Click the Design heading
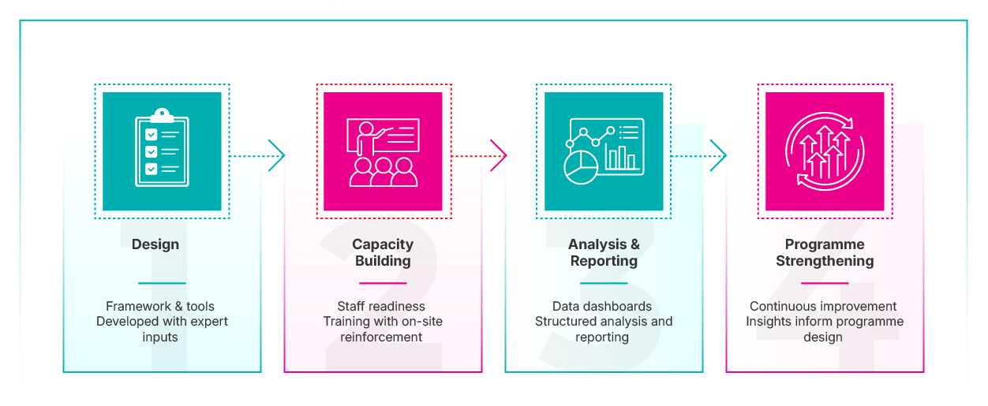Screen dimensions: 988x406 coord(155,244)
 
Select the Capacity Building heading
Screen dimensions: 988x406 coord(383,252)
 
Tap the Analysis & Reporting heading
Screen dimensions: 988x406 coord(604,252)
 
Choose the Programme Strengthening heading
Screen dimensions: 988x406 coord(825,252)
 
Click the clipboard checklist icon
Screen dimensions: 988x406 coord(162,147)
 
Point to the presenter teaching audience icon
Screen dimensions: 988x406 coord(383,152)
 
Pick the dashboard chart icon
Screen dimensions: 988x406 coord(604,151)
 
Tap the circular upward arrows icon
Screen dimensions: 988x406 coord(825,151)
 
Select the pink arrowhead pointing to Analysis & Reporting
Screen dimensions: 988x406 coord(499,155)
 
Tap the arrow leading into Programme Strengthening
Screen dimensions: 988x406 coord(698,155)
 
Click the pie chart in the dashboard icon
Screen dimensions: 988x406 coord(581,167)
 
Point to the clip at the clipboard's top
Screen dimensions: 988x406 coord(162,115)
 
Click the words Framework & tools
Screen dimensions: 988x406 coord(160,306)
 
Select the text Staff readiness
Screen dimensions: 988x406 coord(381,306)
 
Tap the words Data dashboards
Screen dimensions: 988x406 coord(602,306)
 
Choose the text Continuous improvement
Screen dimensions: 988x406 coord(823,306)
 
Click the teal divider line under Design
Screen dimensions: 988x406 coord(162,283)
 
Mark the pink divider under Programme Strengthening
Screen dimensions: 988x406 coord(825,283)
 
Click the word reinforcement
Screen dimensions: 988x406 coord(381,337)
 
